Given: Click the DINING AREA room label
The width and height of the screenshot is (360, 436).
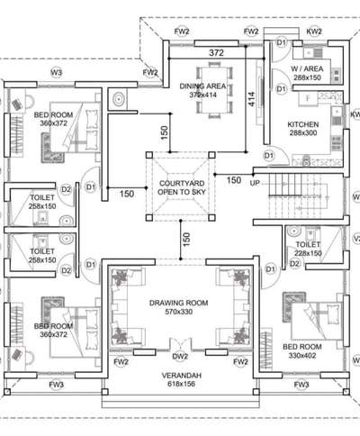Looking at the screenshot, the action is click(x=202, y=86).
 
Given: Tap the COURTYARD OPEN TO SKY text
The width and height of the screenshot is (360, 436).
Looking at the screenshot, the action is click(x=182, y=187).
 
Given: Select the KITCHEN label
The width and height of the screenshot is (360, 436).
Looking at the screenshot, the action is click(x=303, y=124).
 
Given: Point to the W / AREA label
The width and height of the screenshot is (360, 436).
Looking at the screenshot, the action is click(x=307, y=68).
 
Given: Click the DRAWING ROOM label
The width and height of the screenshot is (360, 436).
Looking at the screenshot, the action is click(x=179, y=303).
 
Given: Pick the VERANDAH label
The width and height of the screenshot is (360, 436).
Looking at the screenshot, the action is click(x=182, y=376).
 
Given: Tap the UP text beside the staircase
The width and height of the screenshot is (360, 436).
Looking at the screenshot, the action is click(x=255, y=183).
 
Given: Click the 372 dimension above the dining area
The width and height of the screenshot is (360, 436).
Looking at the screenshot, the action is click(x=216, y=53).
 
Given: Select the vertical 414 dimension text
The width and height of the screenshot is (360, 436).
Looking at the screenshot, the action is click(x=251, y=99).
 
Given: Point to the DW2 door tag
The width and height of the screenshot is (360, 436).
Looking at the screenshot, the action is click(x=180, y=357).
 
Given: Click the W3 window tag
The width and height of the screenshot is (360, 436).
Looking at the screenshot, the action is click(x=57, y=72).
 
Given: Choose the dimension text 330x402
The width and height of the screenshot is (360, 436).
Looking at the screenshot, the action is click(x=302, y=356).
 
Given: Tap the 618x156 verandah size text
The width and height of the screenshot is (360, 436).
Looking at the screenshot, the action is click(x=181, y=384).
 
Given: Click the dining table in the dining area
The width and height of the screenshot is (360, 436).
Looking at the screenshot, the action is click(x=214, y=90).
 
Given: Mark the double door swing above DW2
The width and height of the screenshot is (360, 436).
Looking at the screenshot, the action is click(x=180, y=344).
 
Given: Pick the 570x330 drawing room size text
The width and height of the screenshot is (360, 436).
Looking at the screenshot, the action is click(x=179, y=312).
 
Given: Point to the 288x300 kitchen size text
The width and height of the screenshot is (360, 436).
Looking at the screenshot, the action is click(x=303, y=133).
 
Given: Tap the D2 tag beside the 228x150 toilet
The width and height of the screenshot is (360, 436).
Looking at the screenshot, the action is click(x=294, y=264).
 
